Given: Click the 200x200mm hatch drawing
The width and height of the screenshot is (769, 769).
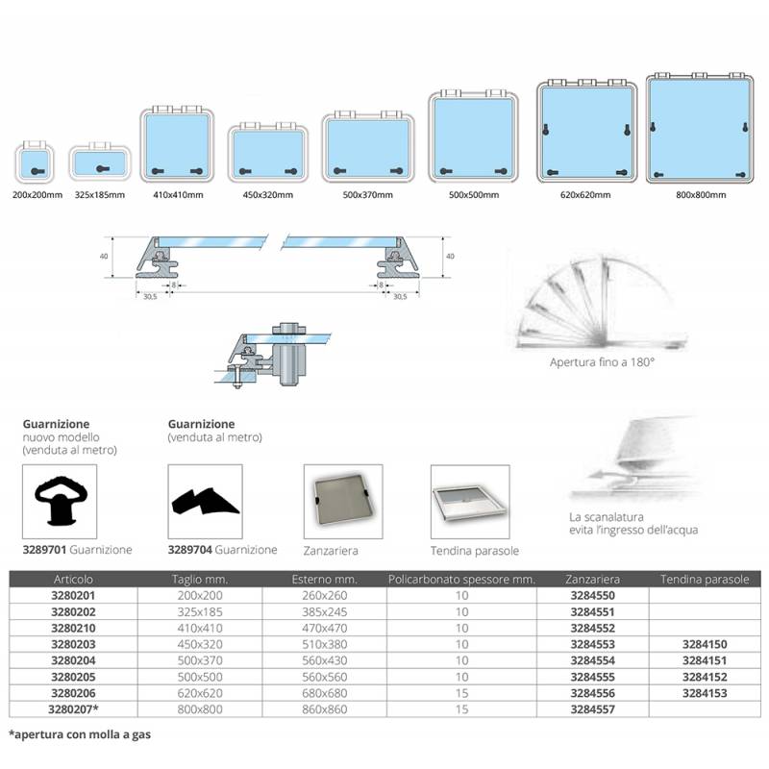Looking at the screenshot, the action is tap(35, 161).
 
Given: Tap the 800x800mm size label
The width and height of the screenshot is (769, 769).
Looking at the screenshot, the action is tap(701, 195).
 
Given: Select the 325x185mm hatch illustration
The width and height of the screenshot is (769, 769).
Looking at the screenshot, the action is tap(100, 161).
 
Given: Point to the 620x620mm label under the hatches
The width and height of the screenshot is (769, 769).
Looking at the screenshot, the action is tap(585, 195).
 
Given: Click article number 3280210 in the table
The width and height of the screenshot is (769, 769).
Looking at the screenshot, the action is tap(74, 628).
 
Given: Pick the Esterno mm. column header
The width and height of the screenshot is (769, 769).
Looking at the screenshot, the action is tap(324, 580).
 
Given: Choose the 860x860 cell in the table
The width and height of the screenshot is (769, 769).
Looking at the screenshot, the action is tap(325, 709).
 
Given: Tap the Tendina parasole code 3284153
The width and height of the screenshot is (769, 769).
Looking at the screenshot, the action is tap(705, 693).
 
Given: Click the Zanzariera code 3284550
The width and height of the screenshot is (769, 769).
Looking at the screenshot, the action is tap(592, 595).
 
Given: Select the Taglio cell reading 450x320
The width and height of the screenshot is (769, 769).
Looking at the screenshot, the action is tap(200, 644).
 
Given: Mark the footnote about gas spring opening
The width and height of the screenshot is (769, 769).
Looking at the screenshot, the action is tap(80, 734).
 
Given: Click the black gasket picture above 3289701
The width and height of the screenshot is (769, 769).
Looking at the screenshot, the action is tap(60, 501).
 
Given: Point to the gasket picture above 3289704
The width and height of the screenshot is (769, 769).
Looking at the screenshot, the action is tap(205, 501).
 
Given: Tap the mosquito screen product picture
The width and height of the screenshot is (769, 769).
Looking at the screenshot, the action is tap(343, 501).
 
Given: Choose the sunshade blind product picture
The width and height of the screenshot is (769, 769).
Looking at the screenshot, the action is tap(470, 501).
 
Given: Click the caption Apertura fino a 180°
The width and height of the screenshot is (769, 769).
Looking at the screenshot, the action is tap(603, 362).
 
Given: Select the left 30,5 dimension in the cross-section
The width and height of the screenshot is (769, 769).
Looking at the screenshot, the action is tap(150, 297).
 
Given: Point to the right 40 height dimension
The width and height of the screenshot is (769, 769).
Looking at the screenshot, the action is tap(450, 256).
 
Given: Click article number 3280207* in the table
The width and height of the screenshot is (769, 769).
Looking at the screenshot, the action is tap(74, 709).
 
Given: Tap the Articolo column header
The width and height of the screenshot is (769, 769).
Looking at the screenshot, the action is tap(73, 580).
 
